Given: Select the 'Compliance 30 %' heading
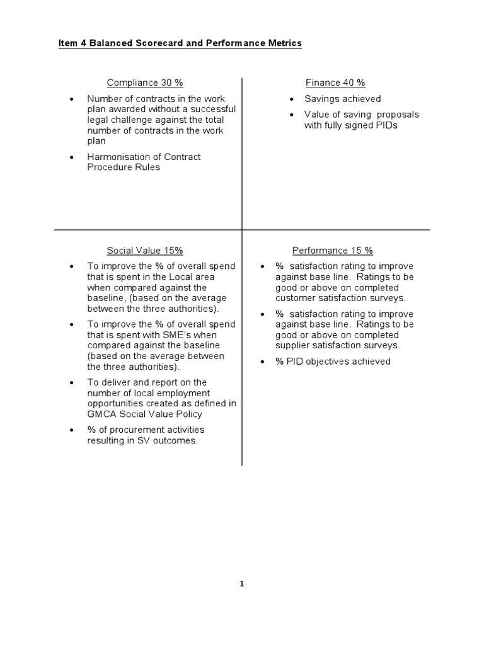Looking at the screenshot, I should pos(145,83).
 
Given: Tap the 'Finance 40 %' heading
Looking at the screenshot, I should pos(335,83).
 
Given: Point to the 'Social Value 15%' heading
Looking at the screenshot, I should pos(145,250).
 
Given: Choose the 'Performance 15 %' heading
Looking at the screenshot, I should pos(332,250).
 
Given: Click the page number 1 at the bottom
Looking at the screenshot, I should pos(241,584).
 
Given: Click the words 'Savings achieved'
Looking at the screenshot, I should pos(342,99).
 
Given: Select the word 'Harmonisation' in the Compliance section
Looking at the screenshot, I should pos(116,157).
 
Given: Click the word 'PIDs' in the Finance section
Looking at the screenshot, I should pos(386,125).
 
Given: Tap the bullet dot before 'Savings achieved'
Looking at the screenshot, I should pos(291,100).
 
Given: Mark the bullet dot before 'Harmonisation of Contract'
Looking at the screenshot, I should pos(71,157).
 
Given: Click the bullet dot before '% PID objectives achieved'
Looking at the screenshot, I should pos(262,362).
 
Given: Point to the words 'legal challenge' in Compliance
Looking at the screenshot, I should pos(119,120).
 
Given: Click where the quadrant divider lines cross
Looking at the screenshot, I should pos(242,230).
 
